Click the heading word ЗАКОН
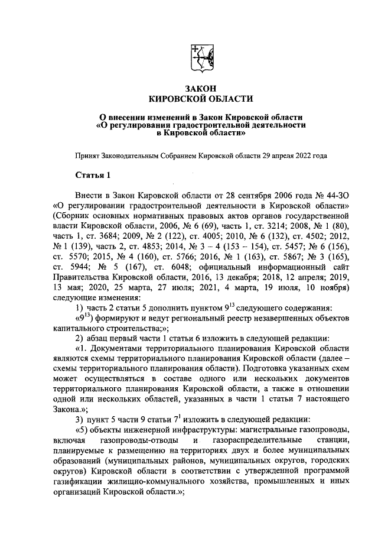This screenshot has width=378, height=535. (200, 87)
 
